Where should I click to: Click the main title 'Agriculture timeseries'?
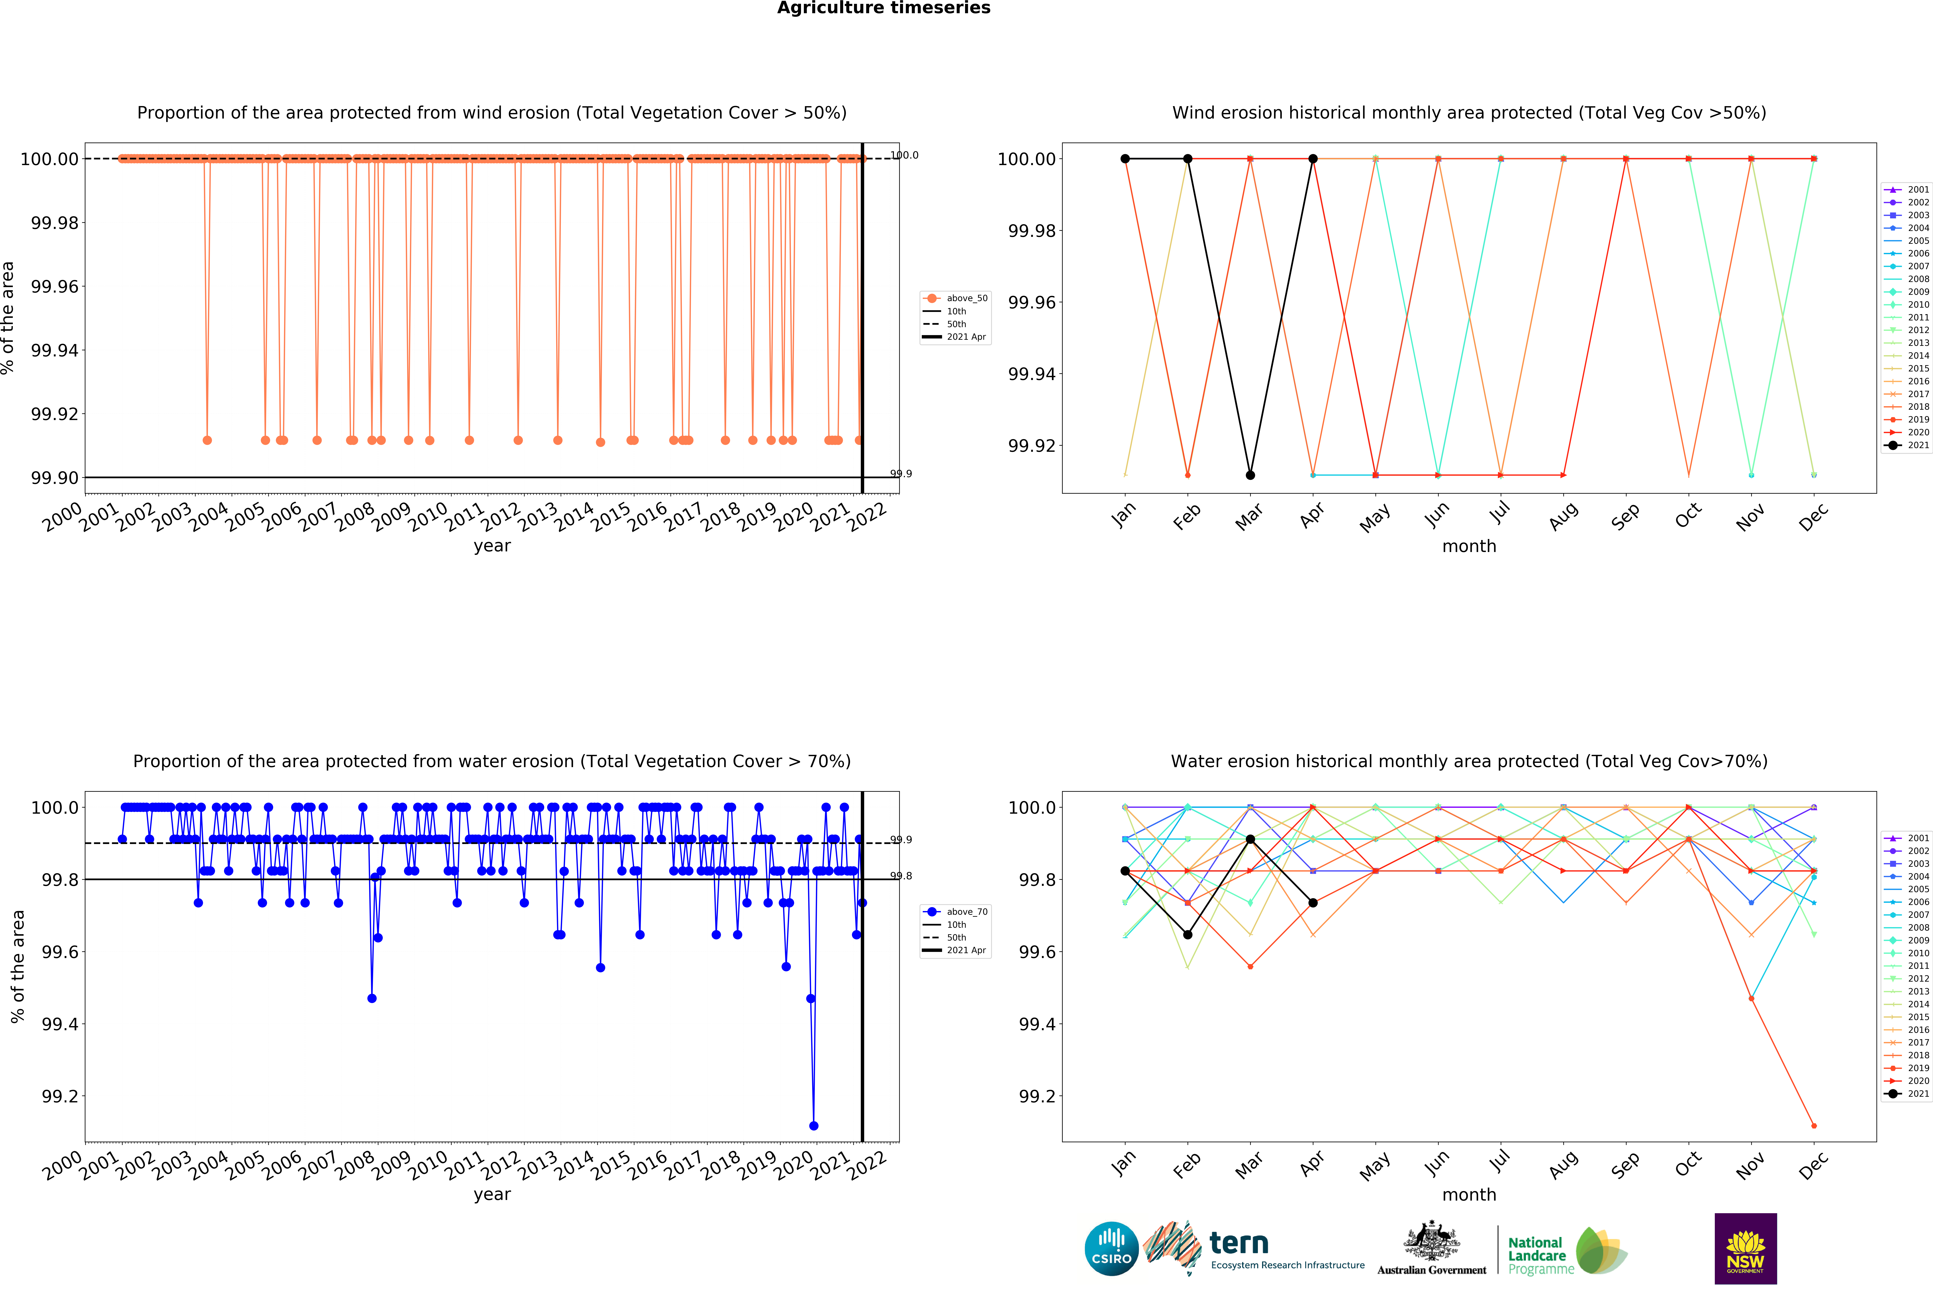pyautogui.click(x=883, y=8)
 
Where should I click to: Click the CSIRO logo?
pyautogui.click(x=1111, y=1248)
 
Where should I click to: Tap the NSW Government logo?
pyautogui.click(x=1745, y=1248)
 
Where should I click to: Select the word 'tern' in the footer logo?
pyautogui.click(x=1239, y=1243)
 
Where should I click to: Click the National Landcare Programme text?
pyautogui.click(x=1540, y=1255)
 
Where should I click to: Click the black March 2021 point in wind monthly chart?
pyautogui.click(x=1250, y=476)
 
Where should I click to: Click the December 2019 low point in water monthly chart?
pyautogui.click(x=1814, y=1126)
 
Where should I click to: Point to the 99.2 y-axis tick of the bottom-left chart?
pyautogui.click(x=60, y=1096)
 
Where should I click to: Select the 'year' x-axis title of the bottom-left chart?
pyautogui.click(x=492, y=1195)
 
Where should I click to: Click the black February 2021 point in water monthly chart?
pyautogui.click(x=1187, y=934)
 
